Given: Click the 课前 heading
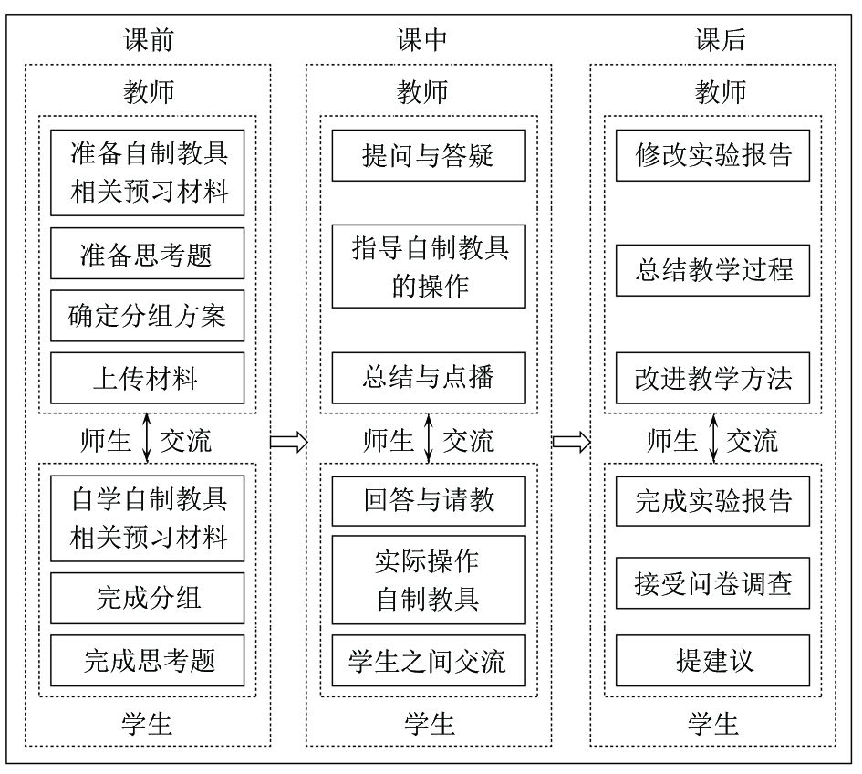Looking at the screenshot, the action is click(149, 39).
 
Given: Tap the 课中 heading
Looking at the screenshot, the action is click(421, 39).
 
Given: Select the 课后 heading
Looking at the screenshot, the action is click(720, 39).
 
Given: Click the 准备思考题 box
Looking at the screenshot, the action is click(148, 254).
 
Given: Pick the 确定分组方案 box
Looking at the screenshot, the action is click(148, 316).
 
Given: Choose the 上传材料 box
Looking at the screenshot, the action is click(148, 378).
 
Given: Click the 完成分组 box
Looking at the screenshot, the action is click(148, 598).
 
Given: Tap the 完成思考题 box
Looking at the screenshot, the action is click(148, 661).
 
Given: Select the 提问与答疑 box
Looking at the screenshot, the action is click(429, 156).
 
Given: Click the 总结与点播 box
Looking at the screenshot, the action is click(429, 378).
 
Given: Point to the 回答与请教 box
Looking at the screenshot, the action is click(429, 500).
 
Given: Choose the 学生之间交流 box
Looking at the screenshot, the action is click(429, 661).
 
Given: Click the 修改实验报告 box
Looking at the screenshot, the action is click(712, 156).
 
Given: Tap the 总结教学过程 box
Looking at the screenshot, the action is click(712, 270).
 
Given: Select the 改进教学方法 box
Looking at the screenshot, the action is click(712, 378).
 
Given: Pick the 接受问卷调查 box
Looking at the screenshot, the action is click(712, 583).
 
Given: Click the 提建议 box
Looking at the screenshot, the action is click(712, 661).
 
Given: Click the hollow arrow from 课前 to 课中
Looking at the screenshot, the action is click(288, 441).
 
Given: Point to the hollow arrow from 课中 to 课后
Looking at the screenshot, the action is click(571, 441).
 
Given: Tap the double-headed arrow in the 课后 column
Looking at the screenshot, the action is click(713, 438).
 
